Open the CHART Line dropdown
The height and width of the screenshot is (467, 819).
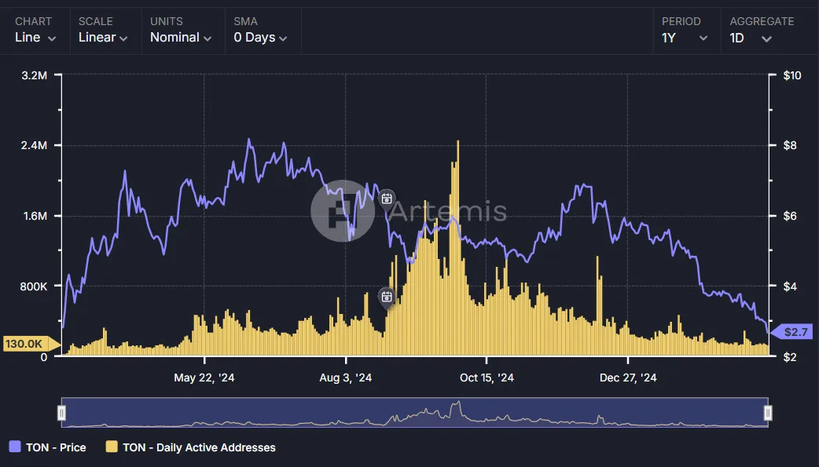tap(35, 38)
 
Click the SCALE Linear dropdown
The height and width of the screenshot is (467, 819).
tap(103, 38)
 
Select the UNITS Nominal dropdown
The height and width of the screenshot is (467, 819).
tap(181, 38)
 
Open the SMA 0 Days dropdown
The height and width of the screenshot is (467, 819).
tap(260, 38)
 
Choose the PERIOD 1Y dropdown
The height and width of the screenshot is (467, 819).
tap(685, 38)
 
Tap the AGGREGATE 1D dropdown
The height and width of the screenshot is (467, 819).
tap(751, 38)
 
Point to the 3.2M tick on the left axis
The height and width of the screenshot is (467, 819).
tap(34, 76)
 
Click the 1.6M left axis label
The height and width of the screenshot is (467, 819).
tap(34, 217)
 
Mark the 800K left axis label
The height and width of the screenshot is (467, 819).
tap(34, 286)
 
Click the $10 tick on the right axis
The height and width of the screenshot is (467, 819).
tap(792, 76)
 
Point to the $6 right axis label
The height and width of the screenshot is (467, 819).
tap(791, 217)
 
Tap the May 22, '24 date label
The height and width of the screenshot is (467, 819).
tap(204, 378)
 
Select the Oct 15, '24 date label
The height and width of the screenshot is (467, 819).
tap(487, 378)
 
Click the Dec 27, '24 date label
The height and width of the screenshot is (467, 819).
tap(628, 378)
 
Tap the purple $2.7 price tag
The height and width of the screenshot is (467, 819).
tap(794, 333)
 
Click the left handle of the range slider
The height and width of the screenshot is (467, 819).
tap(62, 413)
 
